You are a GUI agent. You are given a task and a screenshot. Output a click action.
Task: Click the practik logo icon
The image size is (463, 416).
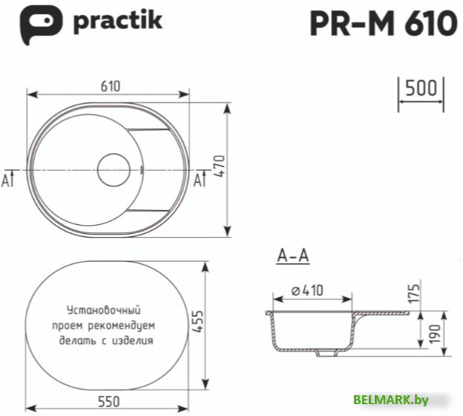coord(37,24)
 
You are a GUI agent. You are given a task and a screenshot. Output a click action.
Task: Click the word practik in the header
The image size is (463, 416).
coord(117,22)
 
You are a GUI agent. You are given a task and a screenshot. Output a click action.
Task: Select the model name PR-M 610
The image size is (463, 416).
coord(383,24)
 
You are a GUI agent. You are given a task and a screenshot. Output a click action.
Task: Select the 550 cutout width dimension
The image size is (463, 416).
coord(109,402)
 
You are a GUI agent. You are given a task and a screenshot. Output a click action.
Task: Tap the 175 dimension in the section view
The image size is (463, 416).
coord(416,293)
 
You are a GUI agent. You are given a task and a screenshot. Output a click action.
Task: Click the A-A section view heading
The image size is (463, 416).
coord(292,257)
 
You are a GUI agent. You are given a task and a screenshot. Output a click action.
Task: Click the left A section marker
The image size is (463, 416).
coord(8,179)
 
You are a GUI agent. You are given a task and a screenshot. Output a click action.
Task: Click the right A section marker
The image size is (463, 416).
coord(198,179)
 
